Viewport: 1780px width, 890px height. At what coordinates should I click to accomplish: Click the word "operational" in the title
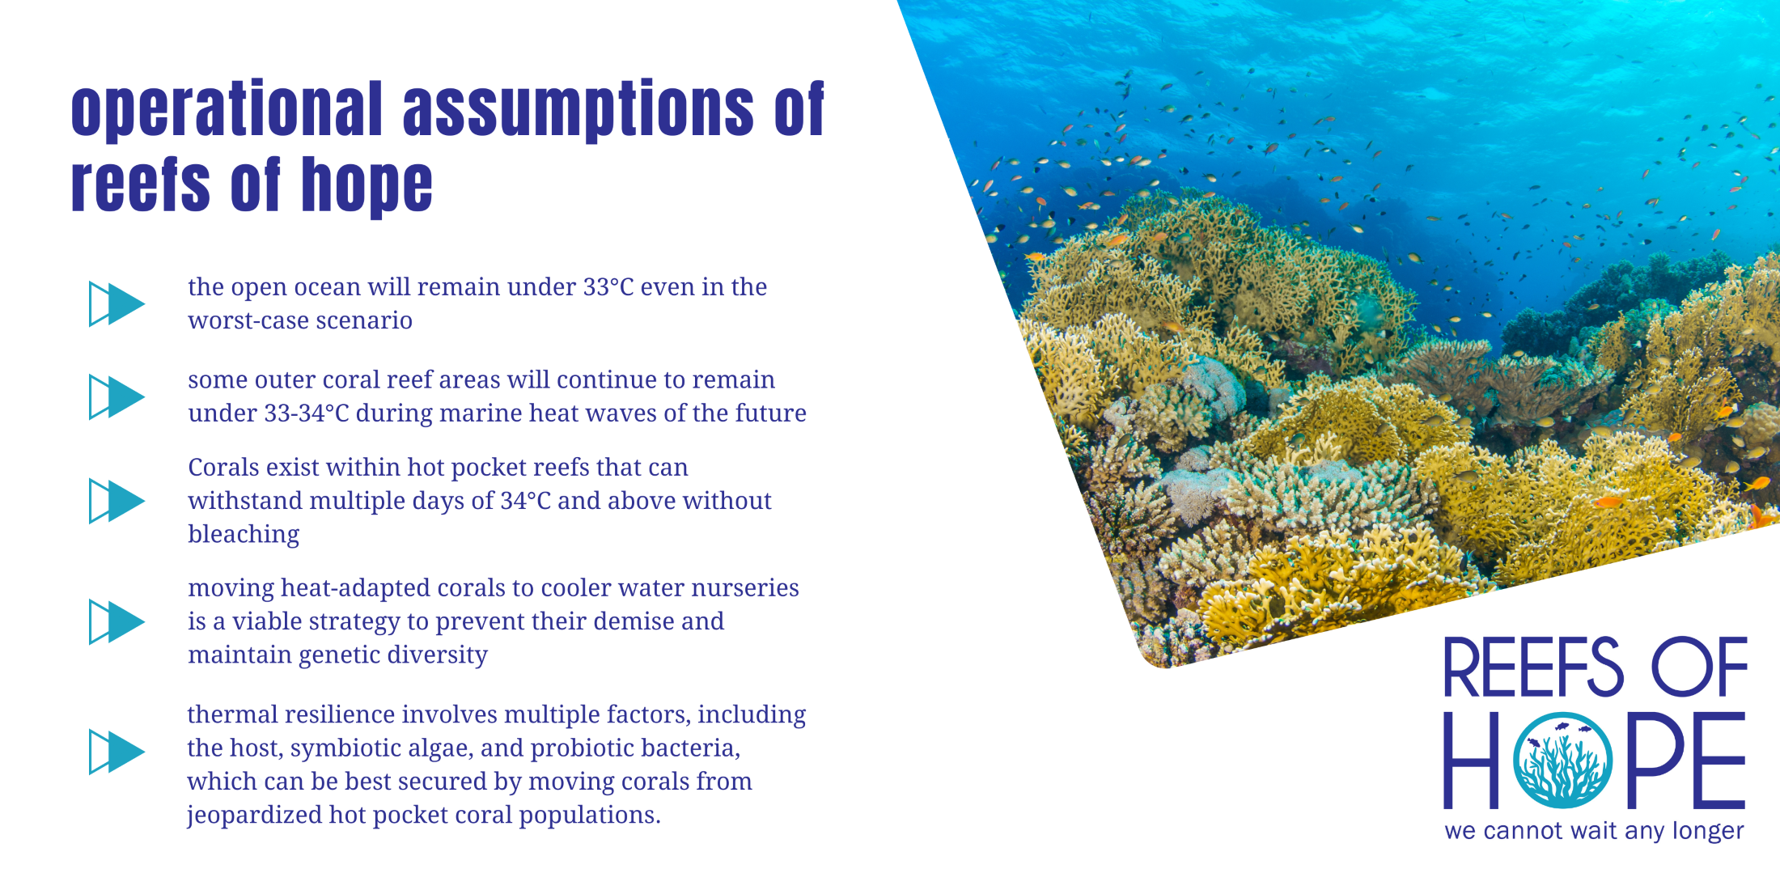point(227,109)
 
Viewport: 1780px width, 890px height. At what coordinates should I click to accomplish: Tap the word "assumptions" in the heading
point(578,109)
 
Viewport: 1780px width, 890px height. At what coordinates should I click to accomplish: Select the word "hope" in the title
point(367,185)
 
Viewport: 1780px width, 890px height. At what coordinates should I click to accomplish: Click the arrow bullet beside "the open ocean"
point(117,304)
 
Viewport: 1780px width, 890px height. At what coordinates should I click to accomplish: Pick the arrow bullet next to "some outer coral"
point(117,396)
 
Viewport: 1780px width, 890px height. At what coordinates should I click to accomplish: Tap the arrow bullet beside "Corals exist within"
point(117,501)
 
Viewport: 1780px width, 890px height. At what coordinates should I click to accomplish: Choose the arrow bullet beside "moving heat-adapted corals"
point(117,621)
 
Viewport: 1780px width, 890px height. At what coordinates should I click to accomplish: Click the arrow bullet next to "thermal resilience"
point(117,752)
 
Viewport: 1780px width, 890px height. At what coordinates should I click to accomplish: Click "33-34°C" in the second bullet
point(307,413)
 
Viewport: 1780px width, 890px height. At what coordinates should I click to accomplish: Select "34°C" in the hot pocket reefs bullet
point(525,501)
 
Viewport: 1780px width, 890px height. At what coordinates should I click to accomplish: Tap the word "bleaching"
point(244,535)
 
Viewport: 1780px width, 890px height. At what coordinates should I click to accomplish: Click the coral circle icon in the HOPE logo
point(1562,761)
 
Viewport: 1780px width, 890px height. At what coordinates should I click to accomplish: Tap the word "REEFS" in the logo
point(1533,667)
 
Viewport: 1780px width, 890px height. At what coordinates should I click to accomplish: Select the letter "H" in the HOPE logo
point(1472,761)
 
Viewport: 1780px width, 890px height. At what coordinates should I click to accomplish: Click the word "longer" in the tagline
point(1708,832)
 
